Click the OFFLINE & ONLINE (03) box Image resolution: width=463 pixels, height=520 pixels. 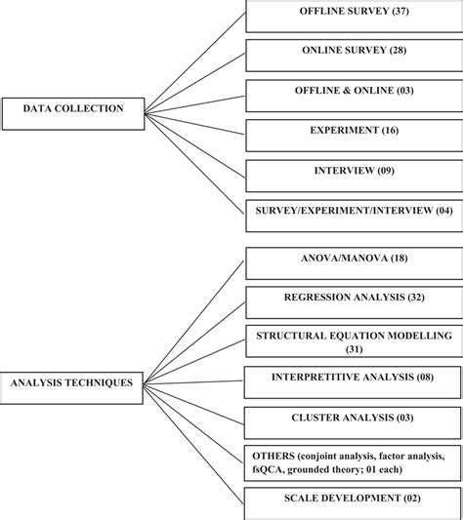tap(354, 94)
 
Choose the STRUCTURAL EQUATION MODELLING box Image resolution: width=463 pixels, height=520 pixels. tap(354, 341)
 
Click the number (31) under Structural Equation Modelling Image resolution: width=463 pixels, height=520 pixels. tap(354, 348)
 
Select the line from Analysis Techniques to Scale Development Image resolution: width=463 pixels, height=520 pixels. tap(195, 445)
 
